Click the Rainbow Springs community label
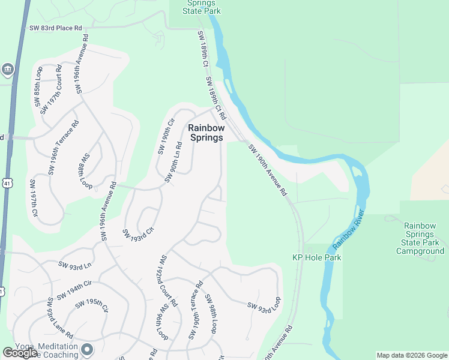pyautogui.click(x=206, y=133)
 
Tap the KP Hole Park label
pyautogui.click(x=316, y=257)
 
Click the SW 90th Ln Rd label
pyautogui.click(x=173, y=163)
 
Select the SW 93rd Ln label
pyautogui.click(x=75, y=265)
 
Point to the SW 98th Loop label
pyautogui.click(x=211, y=314)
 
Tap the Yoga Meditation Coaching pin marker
pyautogui.click(x=88, y=349)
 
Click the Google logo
pyautogui.click(x=20, y=353)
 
